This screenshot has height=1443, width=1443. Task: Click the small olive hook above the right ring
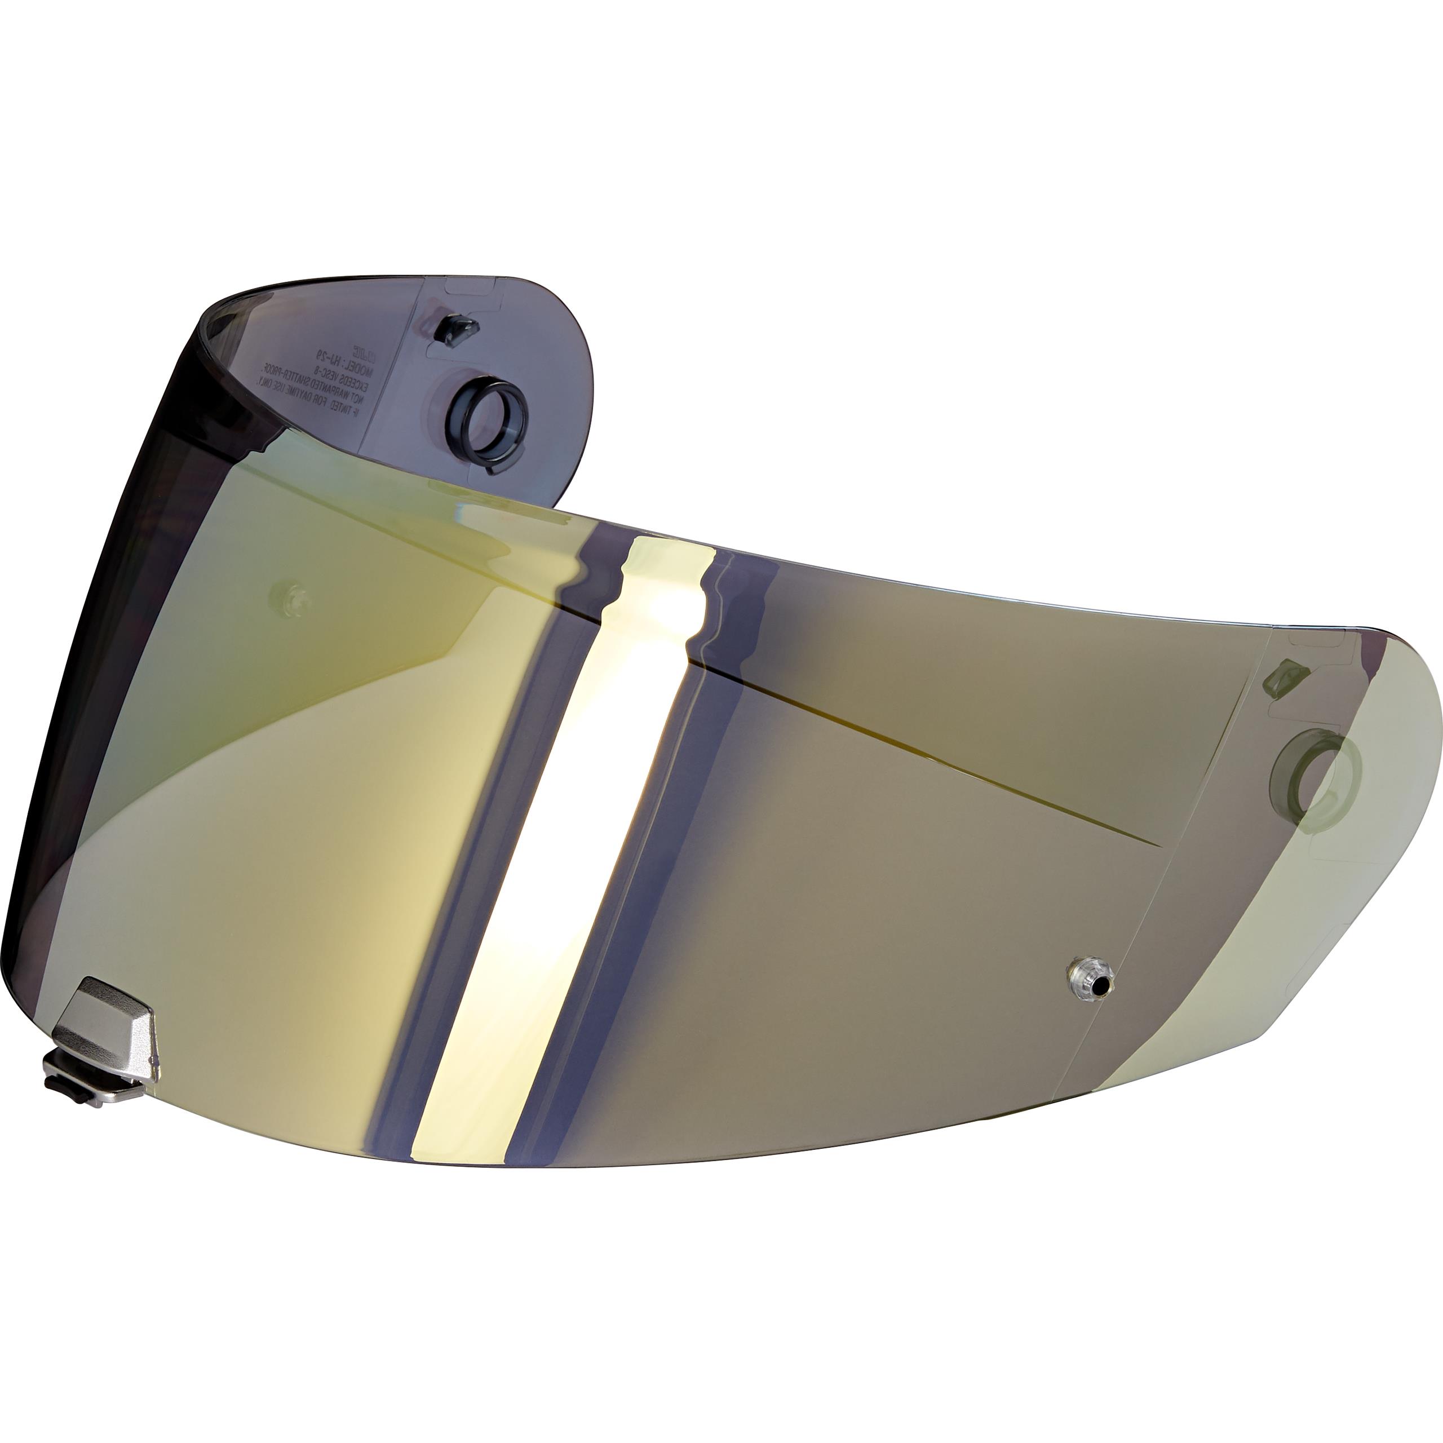pos(1285,676)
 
